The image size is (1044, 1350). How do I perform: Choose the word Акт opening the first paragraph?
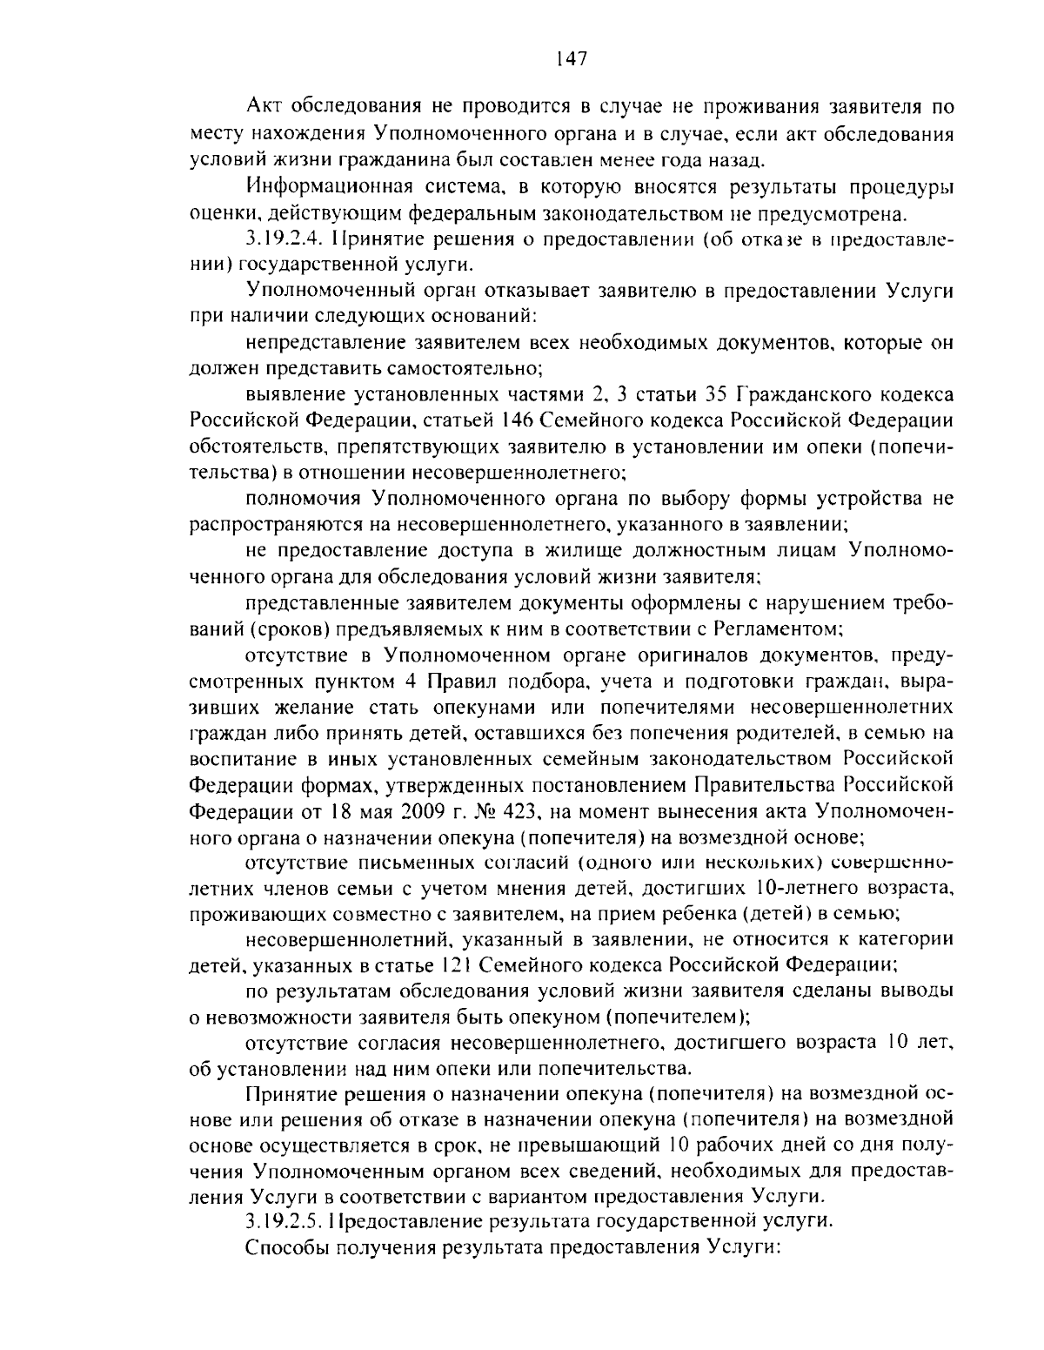[264, 110]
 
